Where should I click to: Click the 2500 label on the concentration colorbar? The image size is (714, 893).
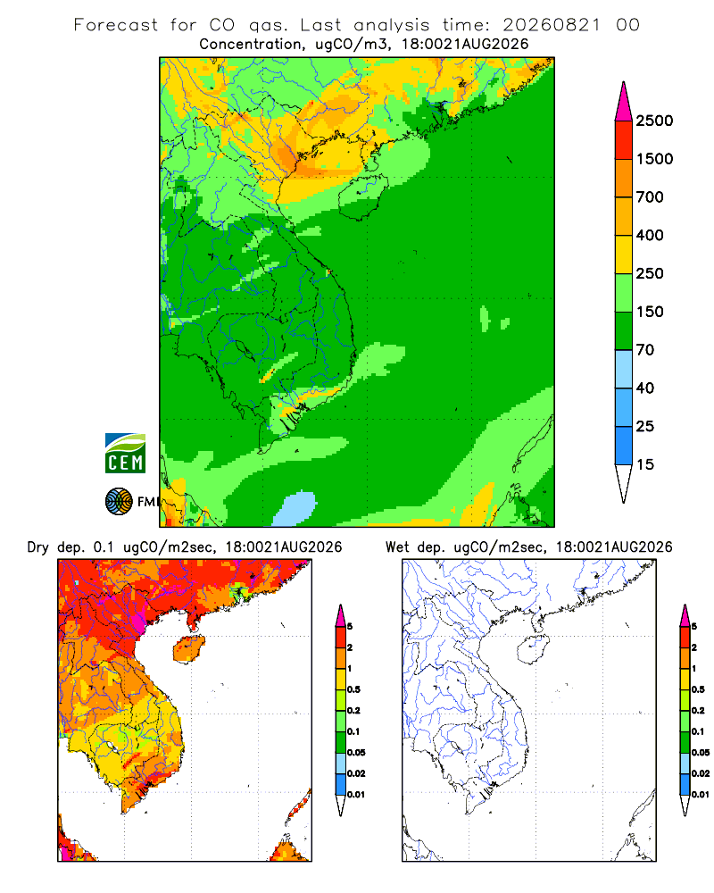[x=654, y=121]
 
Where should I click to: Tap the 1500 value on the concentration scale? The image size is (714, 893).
[x=654, y=159]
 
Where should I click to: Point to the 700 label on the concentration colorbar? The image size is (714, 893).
[x=650, y=197]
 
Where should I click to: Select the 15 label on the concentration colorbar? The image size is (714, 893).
[x=645, y=464]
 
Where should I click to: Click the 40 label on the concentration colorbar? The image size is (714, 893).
[x=645, y=388]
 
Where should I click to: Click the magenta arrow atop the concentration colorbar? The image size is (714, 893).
[x=624, y=102]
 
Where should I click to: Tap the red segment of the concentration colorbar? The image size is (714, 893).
[x=624, y=140]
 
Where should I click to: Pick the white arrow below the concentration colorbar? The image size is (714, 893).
[x=624, y=483]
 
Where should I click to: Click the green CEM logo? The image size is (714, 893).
[x=125, y=454]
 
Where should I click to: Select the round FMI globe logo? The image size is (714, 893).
[x=119, y=502]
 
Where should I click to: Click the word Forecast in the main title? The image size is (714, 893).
[x=116, y=25]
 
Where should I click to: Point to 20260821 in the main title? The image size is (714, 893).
[x=552, y=25]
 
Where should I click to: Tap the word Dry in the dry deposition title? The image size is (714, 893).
[x=37, y=547]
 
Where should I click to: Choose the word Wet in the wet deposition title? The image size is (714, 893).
[x=397, y=547]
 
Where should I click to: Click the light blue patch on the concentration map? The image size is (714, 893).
[x=295, y=509]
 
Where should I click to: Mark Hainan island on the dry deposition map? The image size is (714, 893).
[x=189, y=649]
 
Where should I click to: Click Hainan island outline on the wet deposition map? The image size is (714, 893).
[x=534, y=649]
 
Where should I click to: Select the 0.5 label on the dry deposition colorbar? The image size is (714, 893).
[x=353, y=689]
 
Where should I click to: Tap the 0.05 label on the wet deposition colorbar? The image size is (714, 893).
[x=701, y=753]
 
